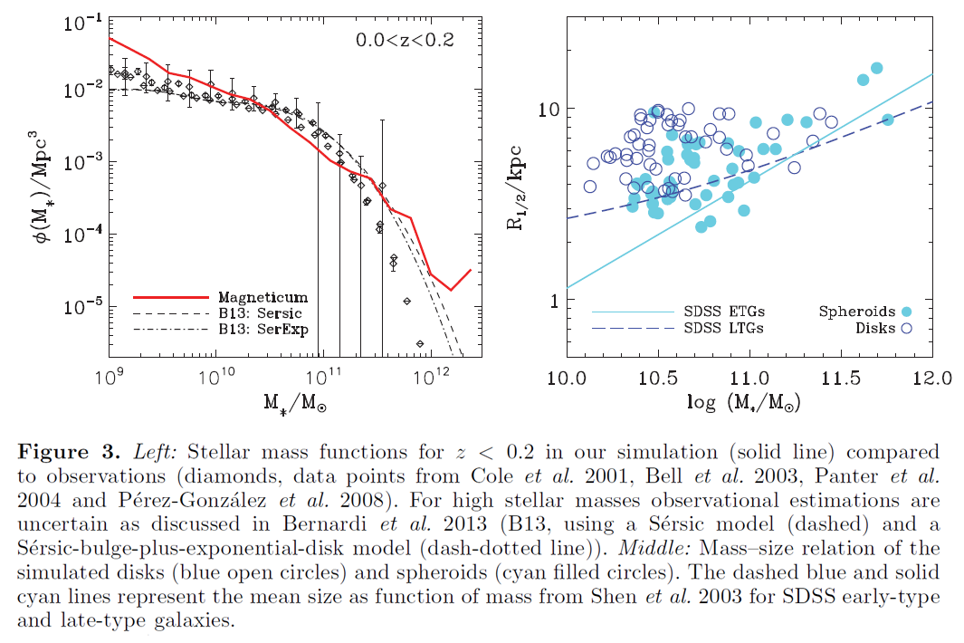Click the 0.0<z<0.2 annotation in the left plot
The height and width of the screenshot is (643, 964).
pyautogui.click(x=405, y=41)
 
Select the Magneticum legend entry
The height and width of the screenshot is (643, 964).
pyautogui.click(x=262, y=297)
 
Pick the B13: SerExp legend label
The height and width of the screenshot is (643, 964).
pyautogui.click(x=262, y=330)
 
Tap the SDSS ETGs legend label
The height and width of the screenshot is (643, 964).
pyautogui.click(x=724, y=312)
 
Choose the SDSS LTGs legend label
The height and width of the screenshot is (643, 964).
pyautogui.click(x=724, y=328)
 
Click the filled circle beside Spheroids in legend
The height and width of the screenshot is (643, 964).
pyautogui.click(x=906, y=312)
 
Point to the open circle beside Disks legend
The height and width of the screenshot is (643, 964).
pyautogui.click(x=906, y=329)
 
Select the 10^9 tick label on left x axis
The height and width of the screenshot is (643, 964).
pyautogui.click(x=109, y=374)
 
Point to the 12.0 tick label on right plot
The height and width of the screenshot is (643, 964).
pyautogui.click(x=932, y=374)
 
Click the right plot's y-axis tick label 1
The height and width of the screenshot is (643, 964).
pyautogui.click(x=552, y=302)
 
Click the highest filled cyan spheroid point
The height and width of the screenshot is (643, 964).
pyautogui.click(x=876, y=68)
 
